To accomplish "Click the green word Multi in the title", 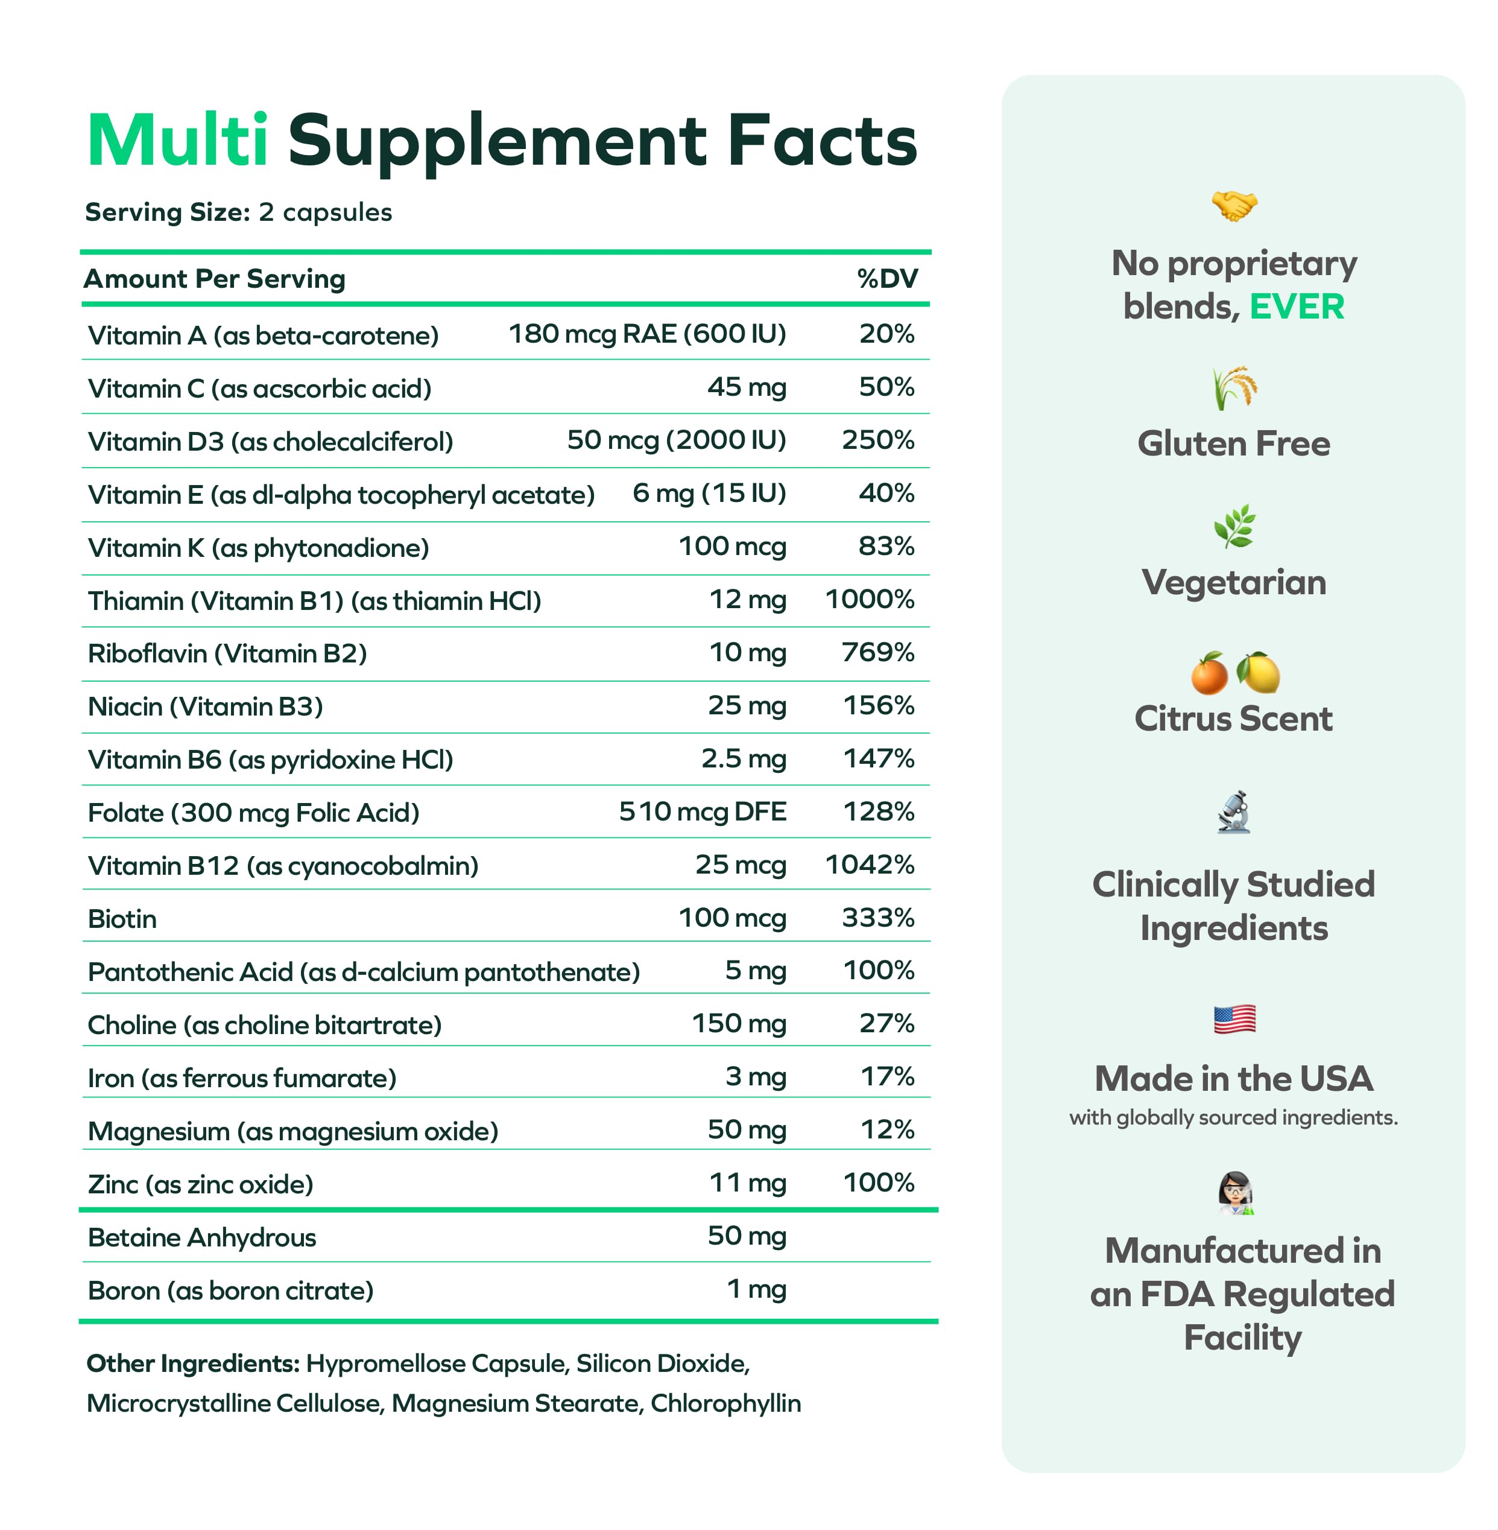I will coord(178,141).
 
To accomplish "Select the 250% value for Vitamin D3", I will coord(878,440).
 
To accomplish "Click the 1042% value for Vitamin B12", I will coord(870,865).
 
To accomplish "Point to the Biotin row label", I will coord(122,918).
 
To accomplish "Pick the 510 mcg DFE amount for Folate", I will coord(703,811).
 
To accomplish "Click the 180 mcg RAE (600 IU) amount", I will coord(646,334).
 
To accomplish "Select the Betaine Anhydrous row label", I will coord(201,1237).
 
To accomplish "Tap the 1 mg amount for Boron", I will coord(756,1289).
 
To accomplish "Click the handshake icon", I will coord(1234,205).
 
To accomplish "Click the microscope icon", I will coord(1234,812).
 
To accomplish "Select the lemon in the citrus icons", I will coord(1258,674).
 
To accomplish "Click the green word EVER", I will coord(1297,306).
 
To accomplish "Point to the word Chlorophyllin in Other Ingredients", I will coord(725,1403).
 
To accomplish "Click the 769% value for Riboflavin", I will coord(878,652).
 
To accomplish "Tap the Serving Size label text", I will coord(168,212).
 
